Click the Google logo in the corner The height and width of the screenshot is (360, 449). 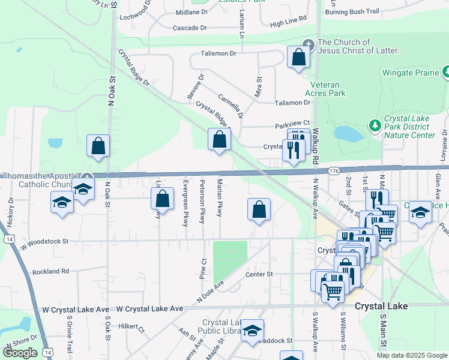pos(20,353)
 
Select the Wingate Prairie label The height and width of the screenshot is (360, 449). pos(411,74)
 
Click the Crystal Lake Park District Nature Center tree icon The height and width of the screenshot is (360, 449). pos(375,125)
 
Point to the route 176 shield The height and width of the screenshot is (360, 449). pos(334,171)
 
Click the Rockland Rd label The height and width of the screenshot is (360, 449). pos(51,271)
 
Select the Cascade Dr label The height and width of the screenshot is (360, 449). pos(190,28)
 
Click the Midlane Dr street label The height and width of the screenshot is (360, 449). pos(192,11)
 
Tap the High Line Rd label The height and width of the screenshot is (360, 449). pos(288,23)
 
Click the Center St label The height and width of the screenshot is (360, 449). pos(259,274)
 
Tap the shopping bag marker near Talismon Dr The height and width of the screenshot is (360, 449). pos(299,58)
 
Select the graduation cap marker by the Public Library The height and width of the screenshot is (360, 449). pos(253,330)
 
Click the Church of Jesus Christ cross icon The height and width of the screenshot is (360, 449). pos(309,43)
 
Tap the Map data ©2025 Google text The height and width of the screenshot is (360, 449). pos(411,355)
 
